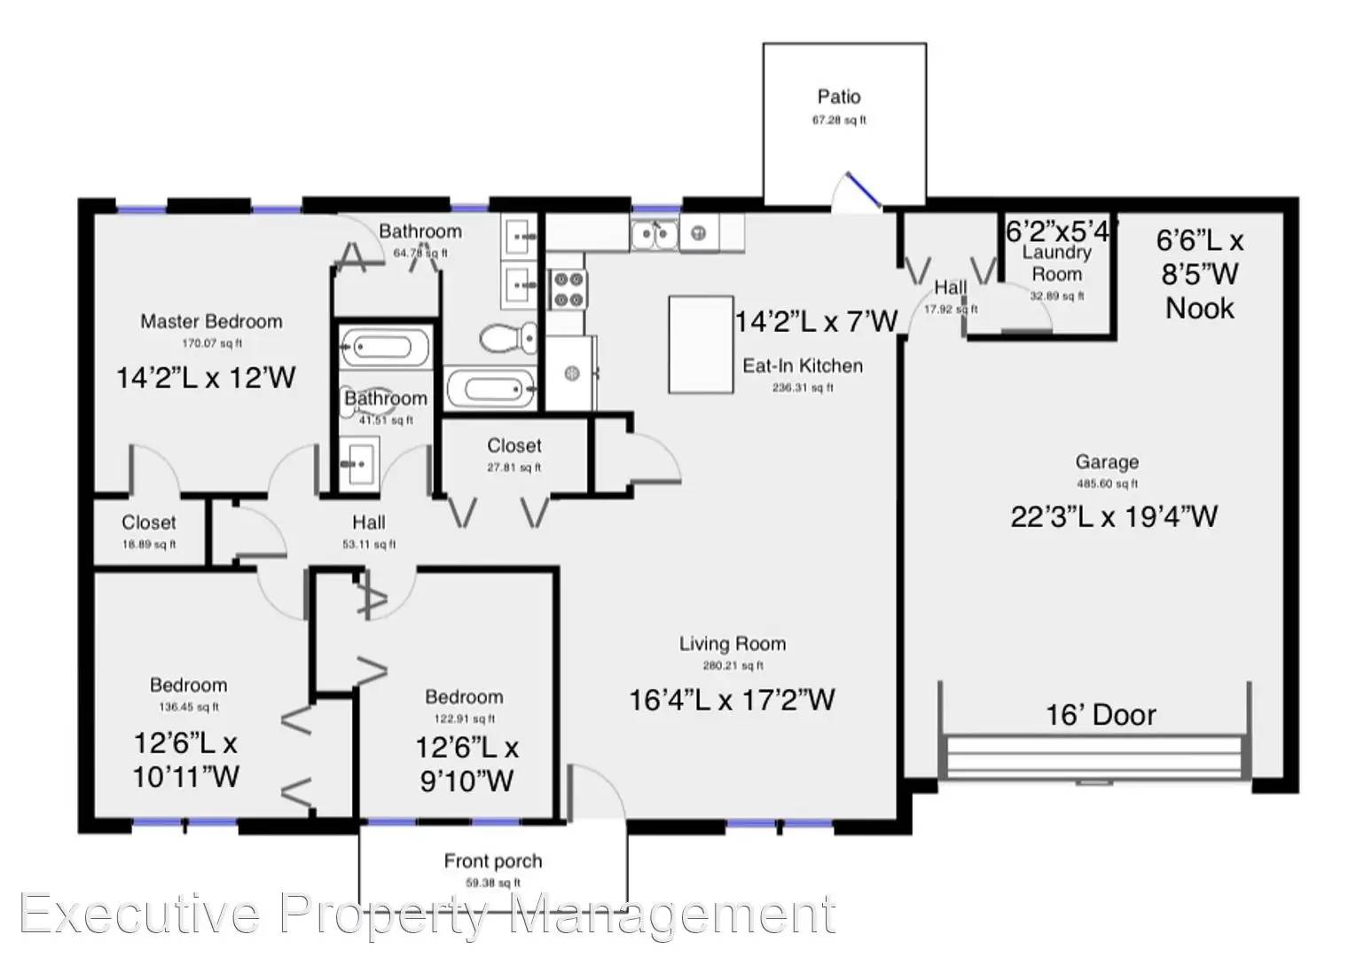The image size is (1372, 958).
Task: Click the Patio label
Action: tap(838, 97)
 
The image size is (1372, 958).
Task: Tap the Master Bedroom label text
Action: tap(211, 321)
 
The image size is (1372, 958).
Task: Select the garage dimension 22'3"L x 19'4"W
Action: tap(1114, 515)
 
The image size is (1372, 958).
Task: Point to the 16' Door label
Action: tap(1101, 715)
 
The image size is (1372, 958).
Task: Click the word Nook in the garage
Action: tap(1199, 309)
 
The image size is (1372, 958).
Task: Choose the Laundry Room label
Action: tap(1056, 263)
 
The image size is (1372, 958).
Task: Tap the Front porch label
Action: tap(492, 860)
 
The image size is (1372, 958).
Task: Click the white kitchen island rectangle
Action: tap(701, 344)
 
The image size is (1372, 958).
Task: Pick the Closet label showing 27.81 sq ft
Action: tap(514, 445)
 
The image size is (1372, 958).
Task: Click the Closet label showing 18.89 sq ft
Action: tap(149, 522)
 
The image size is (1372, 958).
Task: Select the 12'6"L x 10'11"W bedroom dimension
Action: tap(185, 759)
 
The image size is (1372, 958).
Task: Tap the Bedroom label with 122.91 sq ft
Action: tap(463, 697)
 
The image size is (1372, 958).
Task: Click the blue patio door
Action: tap(862, 190)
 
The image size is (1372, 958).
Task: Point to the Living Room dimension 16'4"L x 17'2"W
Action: tap(732, 700)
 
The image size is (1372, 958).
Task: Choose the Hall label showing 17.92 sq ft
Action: tap(950, 287)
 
